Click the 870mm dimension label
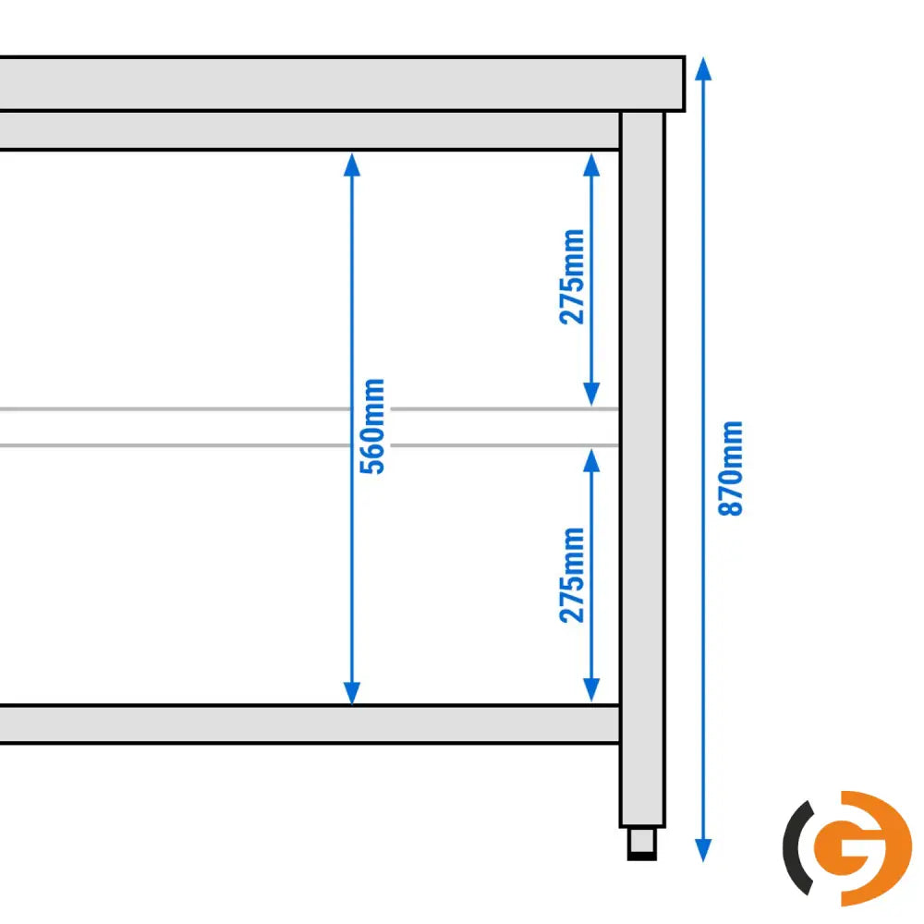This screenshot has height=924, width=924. pos(731,468)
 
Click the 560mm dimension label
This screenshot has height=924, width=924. pos(372,426)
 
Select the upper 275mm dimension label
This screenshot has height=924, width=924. pos(572,276)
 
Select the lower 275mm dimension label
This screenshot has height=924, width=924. pos(572,575)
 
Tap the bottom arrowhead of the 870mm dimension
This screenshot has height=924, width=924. pos(703,850)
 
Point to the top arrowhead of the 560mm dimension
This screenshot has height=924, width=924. pos(352,164)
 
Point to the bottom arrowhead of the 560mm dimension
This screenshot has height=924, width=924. pos(352,693)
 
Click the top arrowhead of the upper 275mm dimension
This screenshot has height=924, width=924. pos(591,164)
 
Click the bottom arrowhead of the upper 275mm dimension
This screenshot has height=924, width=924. pos(591,394)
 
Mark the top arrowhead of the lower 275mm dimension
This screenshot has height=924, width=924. pos(591,460)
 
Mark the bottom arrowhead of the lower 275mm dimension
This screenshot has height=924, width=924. pos(591,690)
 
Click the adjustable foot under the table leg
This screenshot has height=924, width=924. pos(642,844)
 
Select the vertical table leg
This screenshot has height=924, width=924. pos(642,469)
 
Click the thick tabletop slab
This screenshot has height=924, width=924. pos(342,84)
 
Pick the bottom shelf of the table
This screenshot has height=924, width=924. pos(310,723)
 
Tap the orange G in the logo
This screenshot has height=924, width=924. pos(863,848)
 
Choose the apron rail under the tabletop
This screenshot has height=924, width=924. pos(310,131)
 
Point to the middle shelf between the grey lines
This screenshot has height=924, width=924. pos(310,427)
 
